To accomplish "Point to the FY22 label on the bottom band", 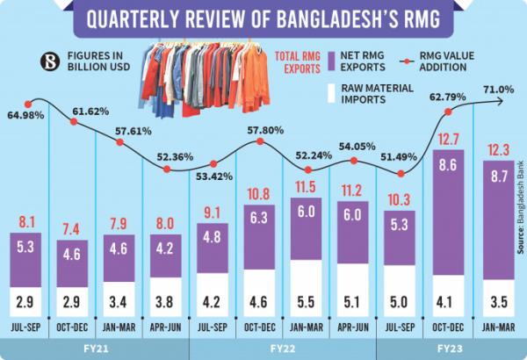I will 284,348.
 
